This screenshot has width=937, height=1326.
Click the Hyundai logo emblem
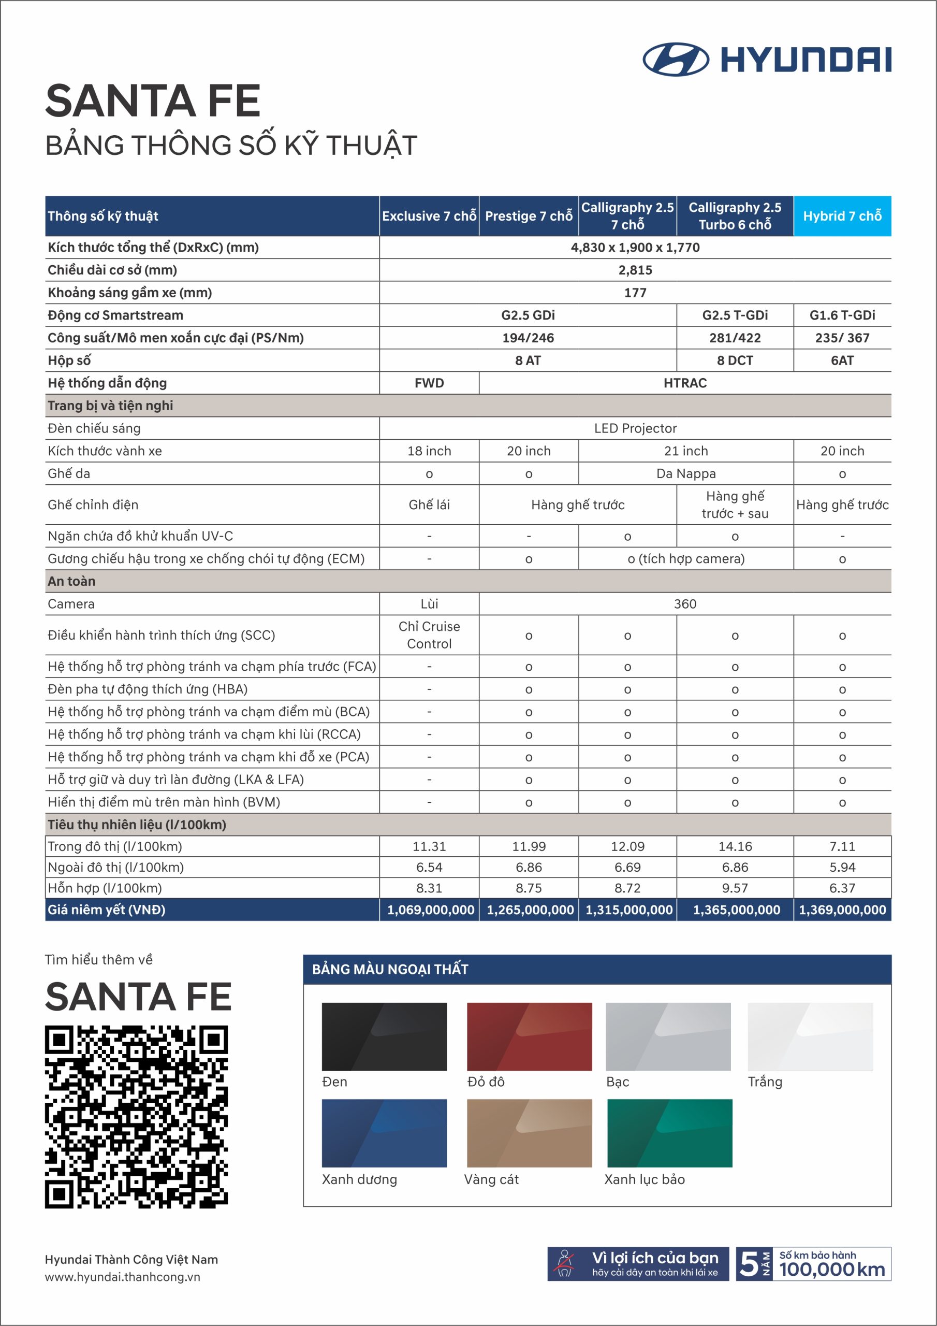tap(676, 60)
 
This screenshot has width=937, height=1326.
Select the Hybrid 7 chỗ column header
tap(842, 216)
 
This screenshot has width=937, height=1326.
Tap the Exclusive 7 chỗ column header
tap(429, 216)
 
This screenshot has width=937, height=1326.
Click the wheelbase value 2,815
tap(635, 270)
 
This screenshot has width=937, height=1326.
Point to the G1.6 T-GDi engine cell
tap(842, 315)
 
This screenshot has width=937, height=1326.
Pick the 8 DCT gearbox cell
tap(735, 361)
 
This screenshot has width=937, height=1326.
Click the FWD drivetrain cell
tap(429, 383)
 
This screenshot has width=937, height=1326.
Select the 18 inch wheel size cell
tap(429, 451)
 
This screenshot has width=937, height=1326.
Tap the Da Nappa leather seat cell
tap(686, 473)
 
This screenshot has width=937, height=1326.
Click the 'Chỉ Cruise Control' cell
tap(429, 635)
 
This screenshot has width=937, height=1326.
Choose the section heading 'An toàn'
tap(71, 581)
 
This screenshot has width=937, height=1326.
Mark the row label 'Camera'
tap(71, 603)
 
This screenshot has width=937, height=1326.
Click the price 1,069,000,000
tap(430, 910)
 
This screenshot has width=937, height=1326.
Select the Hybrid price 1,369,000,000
tap(842, 910)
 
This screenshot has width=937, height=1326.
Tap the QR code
tap(136, 1117)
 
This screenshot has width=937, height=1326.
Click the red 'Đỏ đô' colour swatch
tap(529, 1036)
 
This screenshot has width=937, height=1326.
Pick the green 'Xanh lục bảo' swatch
tap(669, 1133)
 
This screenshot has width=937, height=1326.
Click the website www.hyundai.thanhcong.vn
tap(122, 1277)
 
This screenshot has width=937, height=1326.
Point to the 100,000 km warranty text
tap(831, 1270)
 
